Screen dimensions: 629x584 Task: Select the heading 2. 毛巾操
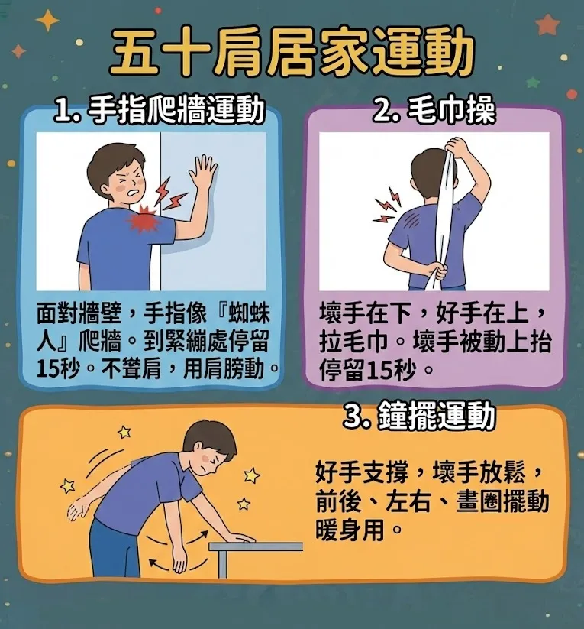pos(434,112)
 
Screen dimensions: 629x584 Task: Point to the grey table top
pos(255,546)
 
